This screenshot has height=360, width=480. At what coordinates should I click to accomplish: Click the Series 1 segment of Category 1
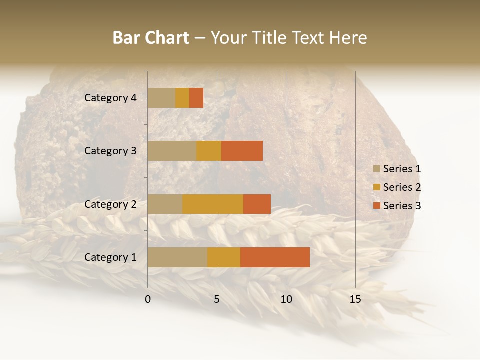tap(177, 257)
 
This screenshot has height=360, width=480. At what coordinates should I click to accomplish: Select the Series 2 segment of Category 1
tap(223, 257)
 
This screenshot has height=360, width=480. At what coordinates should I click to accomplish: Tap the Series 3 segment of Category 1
tap(275, 257)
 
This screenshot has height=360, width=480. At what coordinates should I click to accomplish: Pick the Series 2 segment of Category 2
tap(212, 204)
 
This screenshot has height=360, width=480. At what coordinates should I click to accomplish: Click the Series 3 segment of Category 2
tap(257, 204)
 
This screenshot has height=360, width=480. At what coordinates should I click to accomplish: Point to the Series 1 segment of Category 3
tap(172, 151)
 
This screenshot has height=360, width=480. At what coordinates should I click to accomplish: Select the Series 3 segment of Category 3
tap(242, 151)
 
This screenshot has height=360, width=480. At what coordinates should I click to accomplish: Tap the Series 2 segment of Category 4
tap(182, 98)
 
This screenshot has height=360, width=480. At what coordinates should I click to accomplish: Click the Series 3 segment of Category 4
tap(196, 98)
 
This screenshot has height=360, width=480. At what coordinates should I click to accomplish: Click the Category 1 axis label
tap(110, 257)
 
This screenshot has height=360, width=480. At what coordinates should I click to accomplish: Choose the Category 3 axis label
tap(110, 151)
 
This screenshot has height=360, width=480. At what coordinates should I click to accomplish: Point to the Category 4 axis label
tap(110, 98)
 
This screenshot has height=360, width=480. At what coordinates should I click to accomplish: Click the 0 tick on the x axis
tap(148, 299)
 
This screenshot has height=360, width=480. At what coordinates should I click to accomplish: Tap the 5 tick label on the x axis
tap(217, 299)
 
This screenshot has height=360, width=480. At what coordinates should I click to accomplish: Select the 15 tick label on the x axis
tap(355, 299)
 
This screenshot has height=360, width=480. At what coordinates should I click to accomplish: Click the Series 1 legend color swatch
tap(376, 169)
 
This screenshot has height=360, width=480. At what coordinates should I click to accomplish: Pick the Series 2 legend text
tap(402, 187)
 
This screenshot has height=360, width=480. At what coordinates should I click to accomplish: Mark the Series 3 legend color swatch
tap(376, 206)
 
